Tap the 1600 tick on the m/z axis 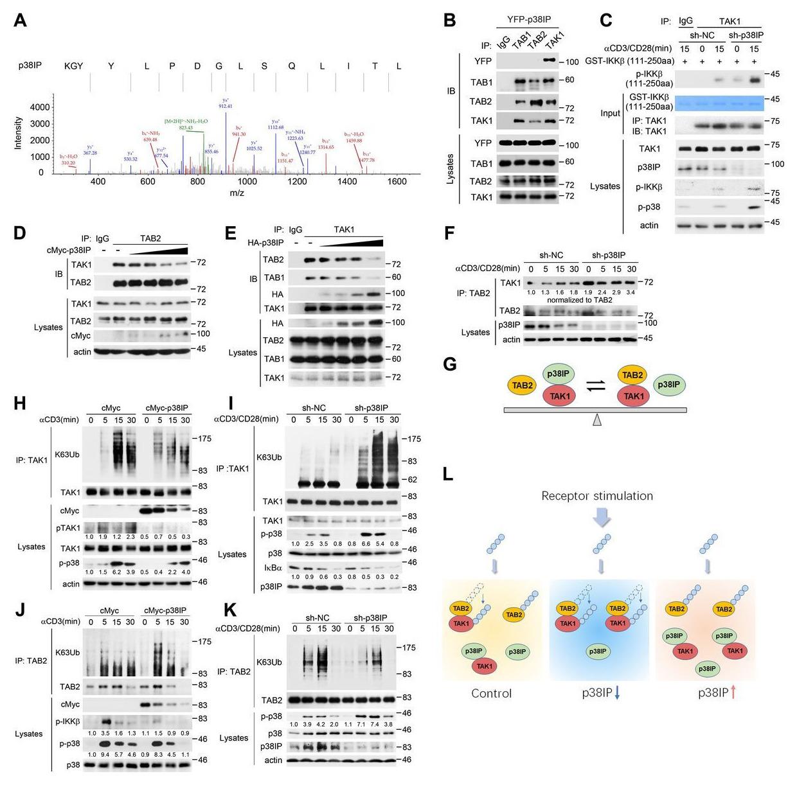click(x=397, y=182)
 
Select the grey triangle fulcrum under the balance click(x=597, y=419)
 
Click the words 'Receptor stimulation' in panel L click(x=596, y=496)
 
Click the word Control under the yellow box click(x=492, y=694)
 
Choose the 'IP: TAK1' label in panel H click(x=31, y=460)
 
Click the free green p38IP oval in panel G click(x=670, y=385)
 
